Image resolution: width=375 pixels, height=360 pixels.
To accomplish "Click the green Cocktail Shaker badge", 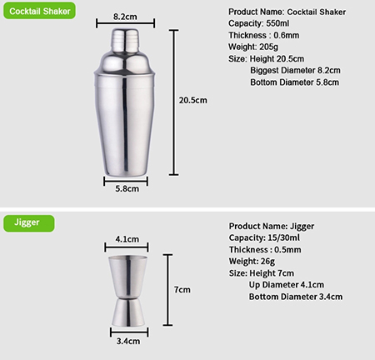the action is [x=39, y=11].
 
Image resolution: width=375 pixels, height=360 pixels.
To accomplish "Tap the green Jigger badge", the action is [x=29, y=223].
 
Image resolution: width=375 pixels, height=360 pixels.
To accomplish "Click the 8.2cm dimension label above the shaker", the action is [x=125, y=17].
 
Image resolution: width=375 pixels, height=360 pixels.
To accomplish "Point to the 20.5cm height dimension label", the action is [x=193, y=100].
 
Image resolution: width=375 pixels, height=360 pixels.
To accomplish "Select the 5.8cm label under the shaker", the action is [x=127, y=188].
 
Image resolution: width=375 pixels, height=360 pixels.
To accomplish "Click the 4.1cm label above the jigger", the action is [x=127, y=239].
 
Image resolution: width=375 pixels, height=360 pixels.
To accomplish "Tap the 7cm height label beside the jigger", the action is [x=182, y=290].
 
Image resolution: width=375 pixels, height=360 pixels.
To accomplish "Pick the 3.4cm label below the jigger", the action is [x=128, y=341].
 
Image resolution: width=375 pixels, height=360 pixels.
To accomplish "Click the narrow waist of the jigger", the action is [x=128, y=297].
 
